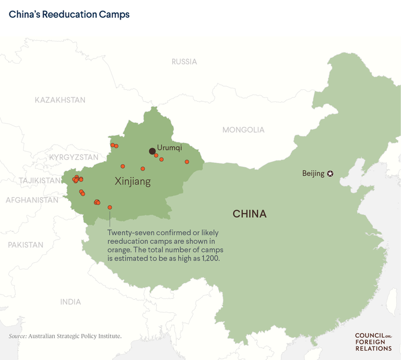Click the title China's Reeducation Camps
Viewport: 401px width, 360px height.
coord(69,14)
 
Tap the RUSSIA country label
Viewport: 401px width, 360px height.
coord(184,61)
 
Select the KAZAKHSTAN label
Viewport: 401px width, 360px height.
coord(60,100)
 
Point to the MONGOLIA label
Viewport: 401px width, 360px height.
coord(243,130)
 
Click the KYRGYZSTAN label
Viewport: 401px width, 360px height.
coord(74,157)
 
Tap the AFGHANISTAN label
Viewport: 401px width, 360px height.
coord(32,200)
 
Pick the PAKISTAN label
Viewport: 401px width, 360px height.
coord(25,244)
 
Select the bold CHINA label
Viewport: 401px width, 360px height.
coord(249,214)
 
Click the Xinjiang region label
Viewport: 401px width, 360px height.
coord(132,182)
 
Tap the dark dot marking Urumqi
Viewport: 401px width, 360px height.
coord(152,151)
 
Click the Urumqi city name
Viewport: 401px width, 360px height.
coord(169,147)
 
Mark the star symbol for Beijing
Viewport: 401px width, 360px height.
coord(330,174)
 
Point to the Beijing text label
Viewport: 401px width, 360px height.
coord(313,174)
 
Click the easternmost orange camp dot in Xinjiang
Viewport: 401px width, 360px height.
coord(187,162)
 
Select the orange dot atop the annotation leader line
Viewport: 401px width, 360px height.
coord(110,207)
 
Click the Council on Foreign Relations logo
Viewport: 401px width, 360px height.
coord(373,342)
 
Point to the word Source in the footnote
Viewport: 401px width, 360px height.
coord(17,336)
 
